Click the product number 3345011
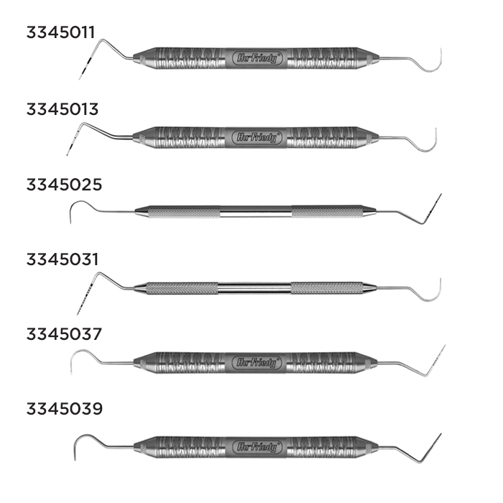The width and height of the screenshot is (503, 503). [61, 32]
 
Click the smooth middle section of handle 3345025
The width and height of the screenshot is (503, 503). [256, 211]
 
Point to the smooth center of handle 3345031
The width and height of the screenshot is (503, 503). [254, 288]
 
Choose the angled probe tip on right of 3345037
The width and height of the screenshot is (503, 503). [437, 359]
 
